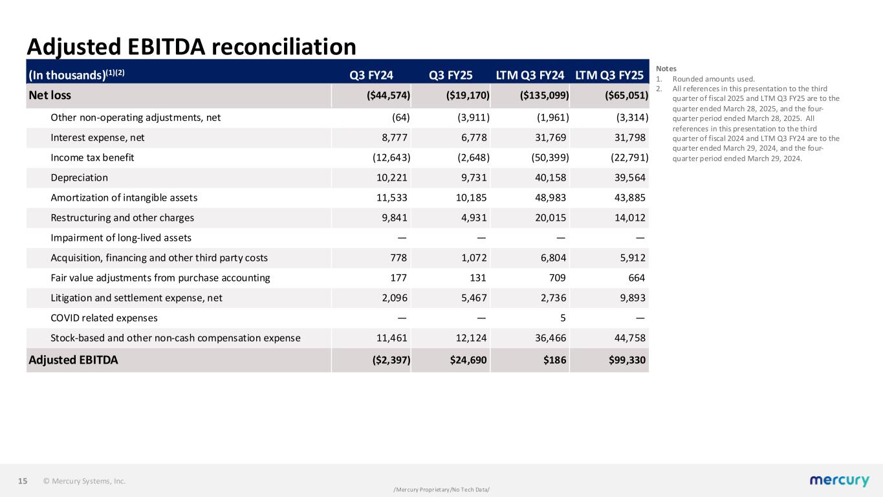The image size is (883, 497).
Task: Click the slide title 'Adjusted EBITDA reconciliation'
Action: (x=191, y=47)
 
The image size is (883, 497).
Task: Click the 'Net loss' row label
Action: (x=50, y=96)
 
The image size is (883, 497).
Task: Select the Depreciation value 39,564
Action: (x=627, y=177)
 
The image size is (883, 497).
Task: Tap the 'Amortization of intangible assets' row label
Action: (x=124, y=197)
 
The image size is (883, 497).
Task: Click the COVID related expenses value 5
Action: (x=565, y=318)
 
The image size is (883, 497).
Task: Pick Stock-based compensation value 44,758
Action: (x=627, y=338)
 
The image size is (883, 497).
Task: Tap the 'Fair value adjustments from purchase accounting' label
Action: (x=160, y=278)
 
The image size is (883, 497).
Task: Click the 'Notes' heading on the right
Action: (x=666, y=68)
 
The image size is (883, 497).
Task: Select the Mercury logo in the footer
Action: (x=839, y=480)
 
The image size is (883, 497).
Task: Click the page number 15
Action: (x=23, y=481)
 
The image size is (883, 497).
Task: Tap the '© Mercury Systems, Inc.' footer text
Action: (x=84, y=481)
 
